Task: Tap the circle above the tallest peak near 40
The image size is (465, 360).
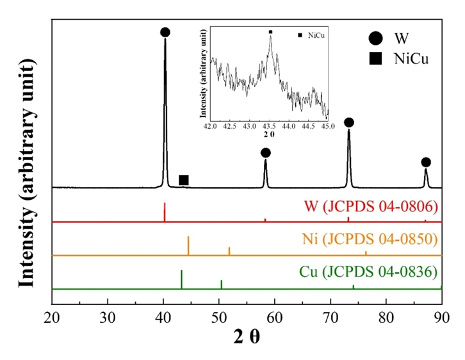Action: point(165,32)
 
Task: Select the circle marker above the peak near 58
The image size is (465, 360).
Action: point(266,152)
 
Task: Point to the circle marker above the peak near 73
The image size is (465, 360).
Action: point(349,122)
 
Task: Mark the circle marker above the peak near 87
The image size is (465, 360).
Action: point(426,162)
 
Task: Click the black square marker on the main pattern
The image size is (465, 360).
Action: point(184,180)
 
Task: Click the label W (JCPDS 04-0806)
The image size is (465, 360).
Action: point(371,207)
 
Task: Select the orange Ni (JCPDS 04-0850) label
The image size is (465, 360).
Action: point(370,240)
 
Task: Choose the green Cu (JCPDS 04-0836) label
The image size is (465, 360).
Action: point(368,272)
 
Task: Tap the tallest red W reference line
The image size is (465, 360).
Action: point(165,212)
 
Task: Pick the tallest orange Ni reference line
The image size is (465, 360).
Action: point(188,245)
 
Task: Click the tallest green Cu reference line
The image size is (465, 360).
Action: point(181,279)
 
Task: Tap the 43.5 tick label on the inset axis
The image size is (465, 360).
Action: point(270,127)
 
